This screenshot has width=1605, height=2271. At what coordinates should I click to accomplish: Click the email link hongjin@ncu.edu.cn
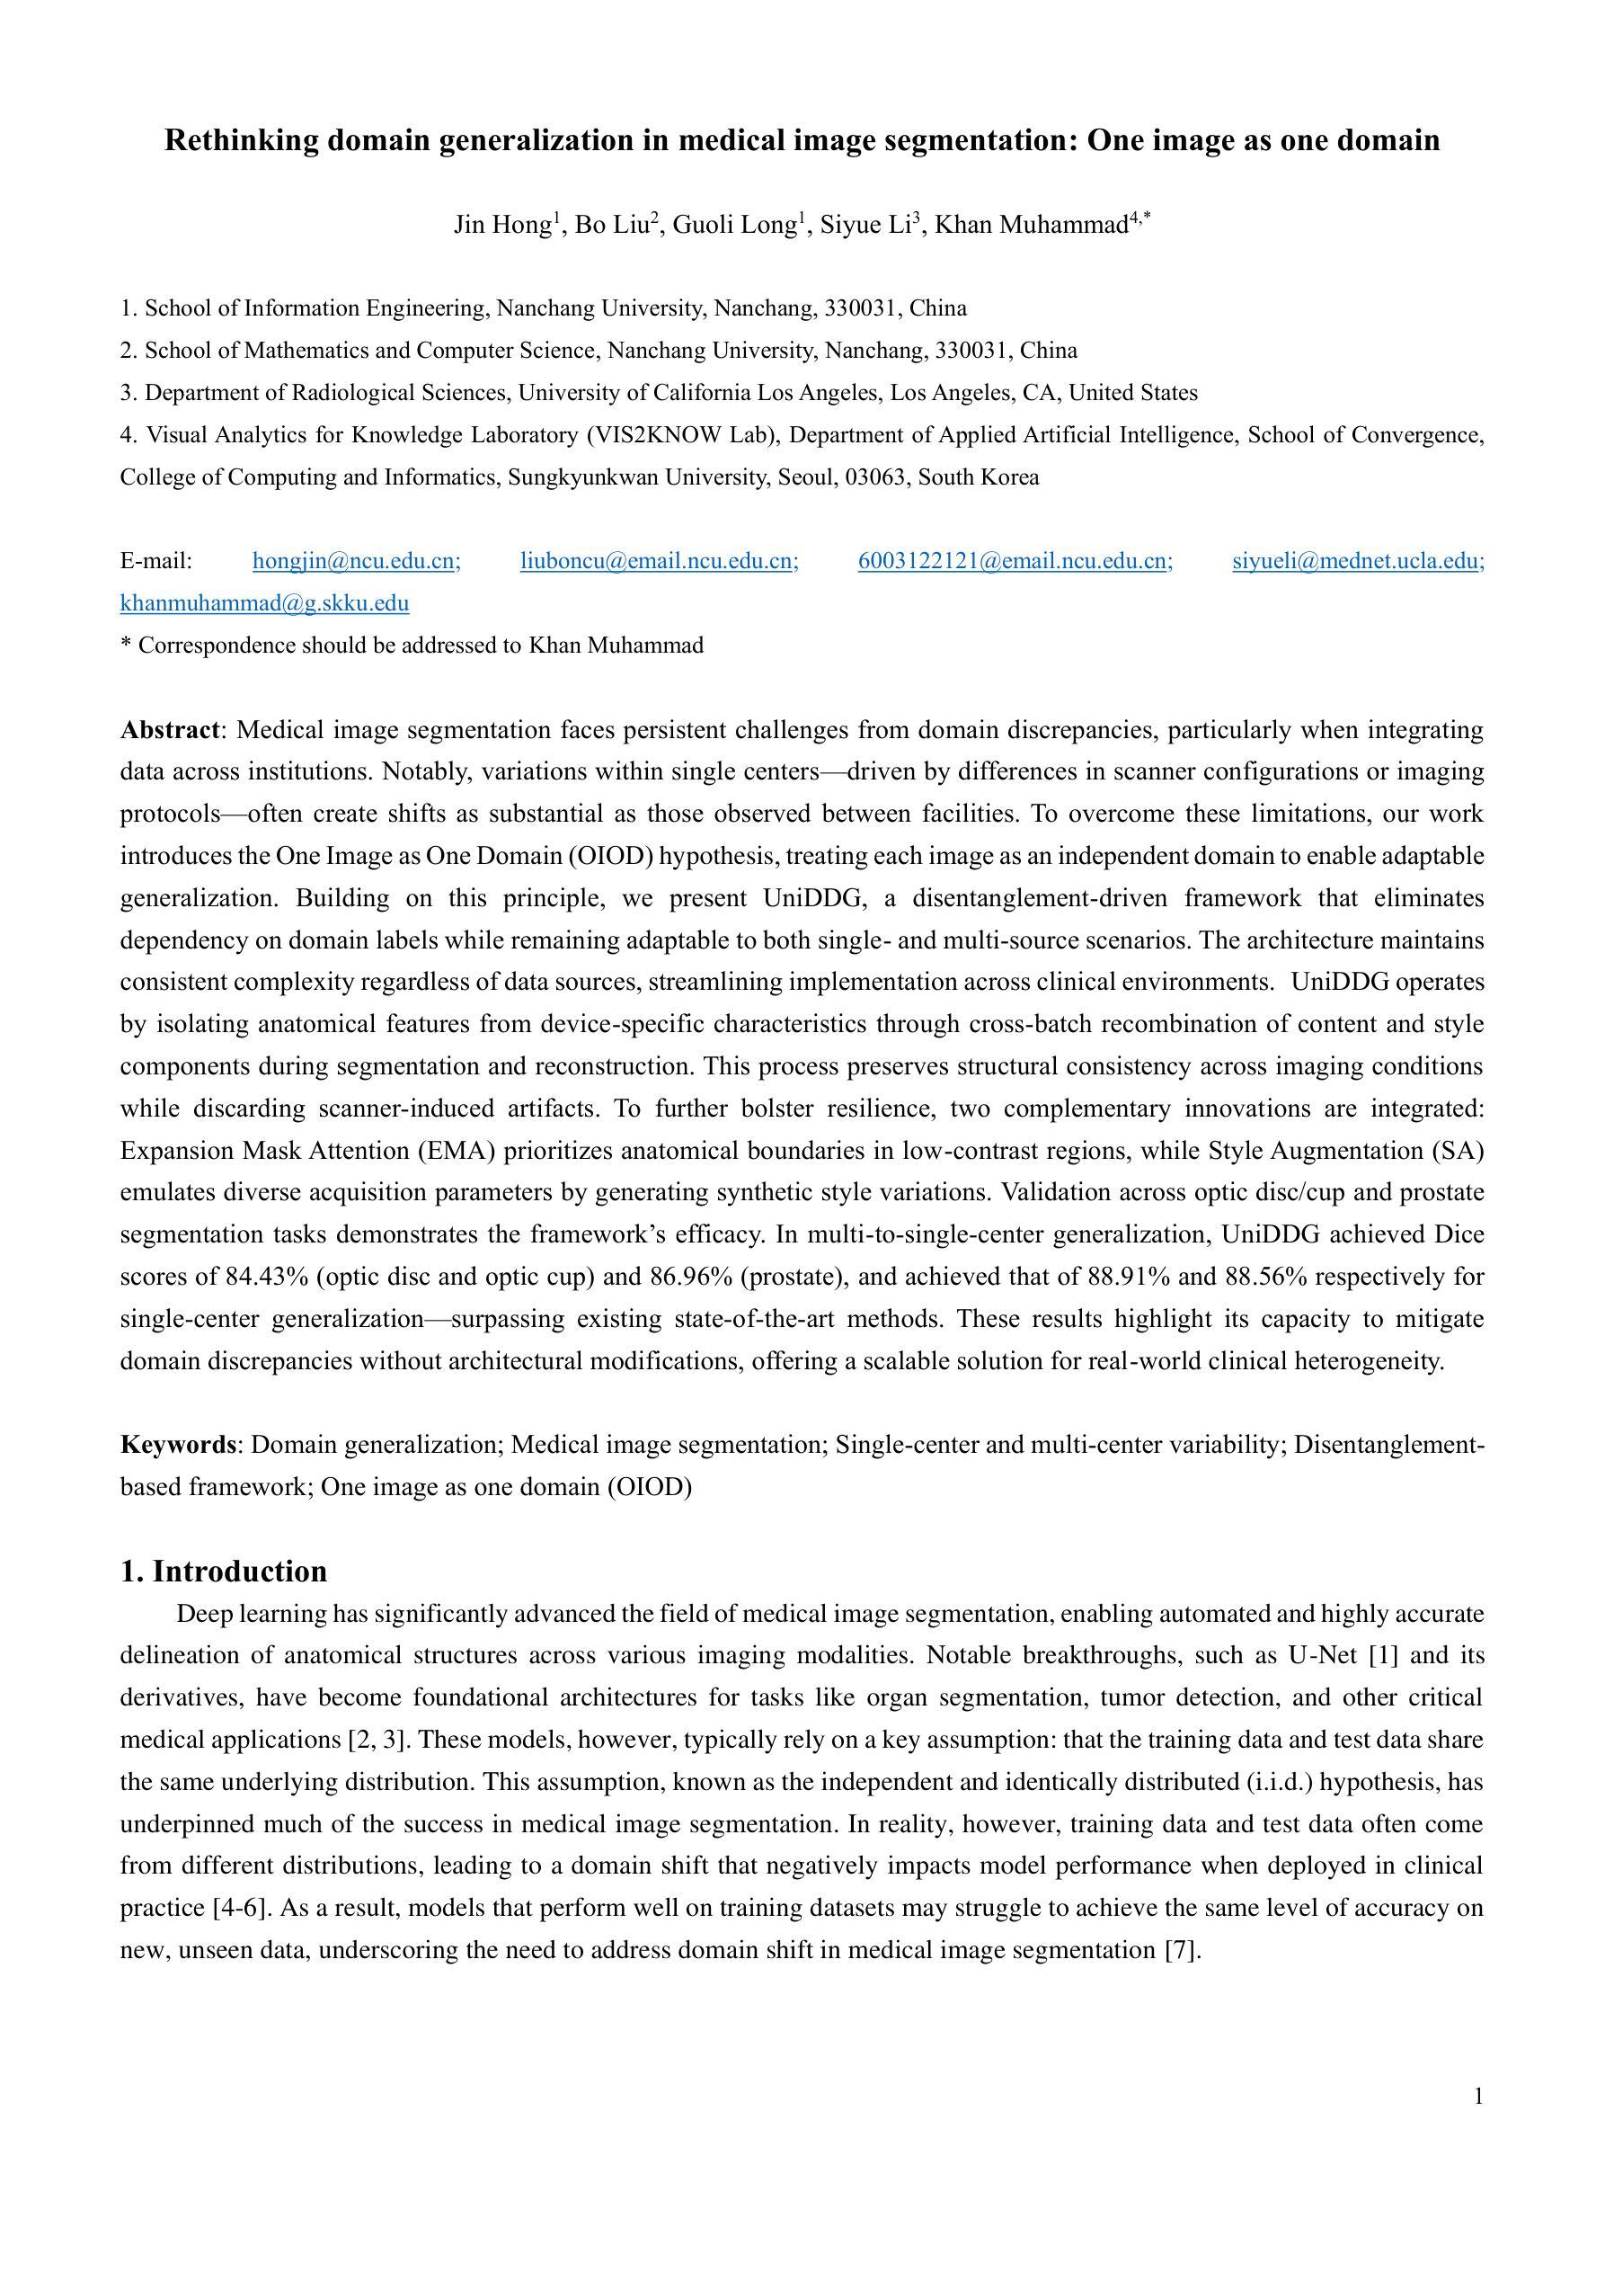[356, 562]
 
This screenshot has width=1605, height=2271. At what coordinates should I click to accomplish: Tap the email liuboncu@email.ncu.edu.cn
[659, 562]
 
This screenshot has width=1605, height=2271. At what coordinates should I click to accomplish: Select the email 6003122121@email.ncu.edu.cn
[1015, 562]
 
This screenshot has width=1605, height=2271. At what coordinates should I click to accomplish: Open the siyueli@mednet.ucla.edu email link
[1358, 562]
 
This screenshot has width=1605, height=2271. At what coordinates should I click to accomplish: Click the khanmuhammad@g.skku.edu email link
[264, 603]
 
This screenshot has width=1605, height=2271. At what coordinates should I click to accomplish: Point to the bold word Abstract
[169, 730]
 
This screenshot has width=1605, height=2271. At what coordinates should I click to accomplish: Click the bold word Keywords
[177, 1445]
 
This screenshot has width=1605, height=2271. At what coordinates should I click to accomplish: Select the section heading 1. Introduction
[224, 1572]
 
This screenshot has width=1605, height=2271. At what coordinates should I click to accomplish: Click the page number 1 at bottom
[1478, 2097]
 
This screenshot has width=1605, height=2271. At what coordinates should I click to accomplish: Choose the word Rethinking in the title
[242, 140]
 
